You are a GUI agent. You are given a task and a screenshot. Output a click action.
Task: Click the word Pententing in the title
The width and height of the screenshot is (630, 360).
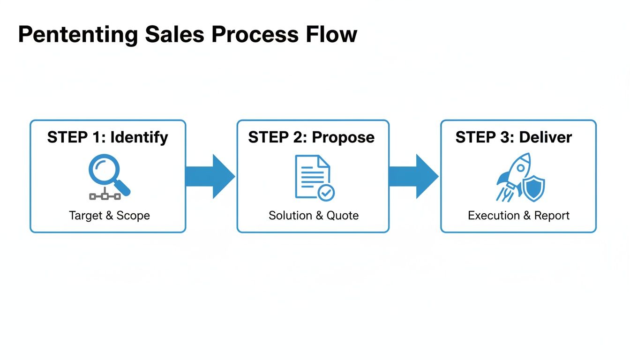coord(78,35)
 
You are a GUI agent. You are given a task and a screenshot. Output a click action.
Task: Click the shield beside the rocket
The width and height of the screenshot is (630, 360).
coord(533,188)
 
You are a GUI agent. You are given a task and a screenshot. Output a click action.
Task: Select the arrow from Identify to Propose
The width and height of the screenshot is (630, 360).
coord(210,176)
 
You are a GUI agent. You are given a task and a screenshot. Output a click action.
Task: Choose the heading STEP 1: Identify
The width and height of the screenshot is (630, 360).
coord(108,137)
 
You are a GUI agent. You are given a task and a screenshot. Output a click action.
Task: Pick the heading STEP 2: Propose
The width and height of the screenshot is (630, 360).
coord(312,137)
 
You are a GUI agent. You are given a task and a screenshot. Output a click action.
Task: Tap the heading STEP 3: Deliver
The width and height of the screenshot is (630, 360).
coord(514,137)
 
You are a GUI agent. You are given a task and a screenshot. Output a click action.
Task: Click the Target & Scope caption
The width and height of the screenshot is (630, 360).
coord(109,216)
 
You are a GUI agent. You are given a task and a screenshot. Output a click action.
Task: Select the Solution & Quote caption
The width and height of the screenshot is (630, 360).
coord(314,216)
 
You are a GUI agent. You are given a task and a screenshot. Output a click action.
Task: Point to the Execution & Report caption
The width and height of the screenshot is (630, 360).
coord(518,216)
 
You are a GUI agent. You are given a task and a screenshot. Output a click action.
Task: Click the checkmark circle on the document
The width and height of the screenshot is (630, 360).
coord(326,192)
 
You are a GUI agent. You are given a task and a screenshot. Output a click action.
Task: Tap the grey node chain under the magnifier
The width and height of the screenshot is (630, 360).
coord(105,196)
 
